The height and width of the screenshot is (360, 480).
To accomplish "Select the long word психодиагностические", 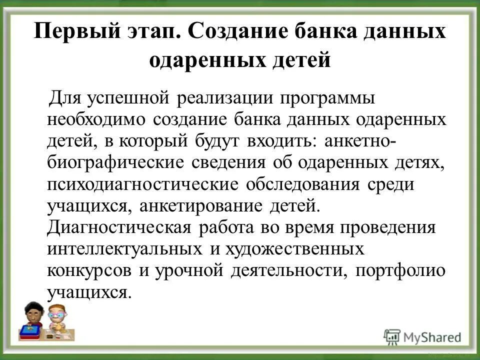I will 143,184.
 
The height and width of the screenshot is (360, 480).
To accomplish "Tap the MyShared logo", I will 422,336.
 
